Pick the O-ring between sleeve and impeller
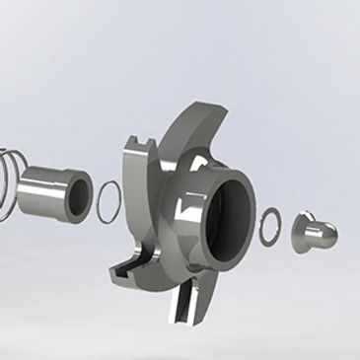coord(108,201)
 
